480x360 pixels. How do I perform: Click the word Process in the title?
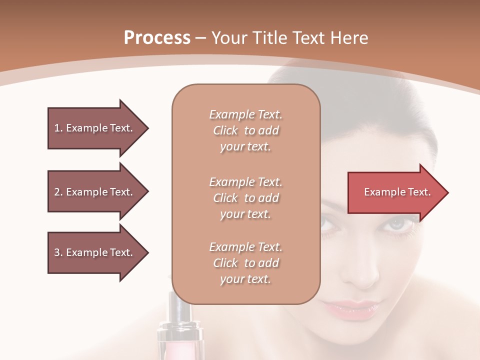pos(157,38)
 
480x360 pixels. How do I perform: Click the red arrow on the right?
pos(395,192)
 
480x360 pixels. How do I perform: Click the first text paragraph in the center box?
pos(245,130)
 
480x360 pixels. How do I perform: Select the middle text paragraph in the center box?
pos(245,198)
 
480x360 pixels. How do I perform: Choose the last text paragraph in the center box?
pos(245,263)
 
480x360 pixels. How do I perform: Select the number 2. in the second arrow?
pos(58,192)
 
